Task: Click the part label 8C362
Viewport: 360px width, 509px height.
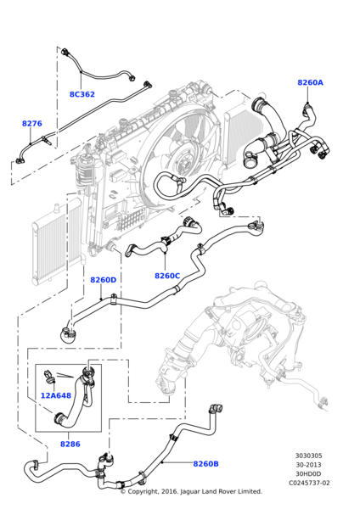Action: pyautogui.click(x=82, y=94)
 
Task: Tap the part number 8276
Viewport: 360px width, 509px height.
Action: pyautogui.click(x=31, y=124)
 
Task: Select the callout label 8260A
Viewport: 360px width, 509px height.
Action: pyautogui.click(x=310, y=83)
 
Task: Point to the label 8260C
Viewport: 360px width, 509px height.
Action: pyautogui.click(x=167, y=276)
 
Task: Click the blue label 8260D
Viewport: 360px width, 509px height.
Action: pyautogui.click(x=103, y=280)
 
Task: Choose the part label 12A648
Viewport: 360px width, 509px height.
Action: pyautogui.click(x=56, y=395)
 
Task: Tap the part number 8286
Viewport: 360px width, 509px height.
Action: pyautogui.click(x=70, y=444)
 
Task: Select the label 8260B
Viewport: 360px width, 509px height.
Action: pyautogui.click(x=205, y=464)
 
